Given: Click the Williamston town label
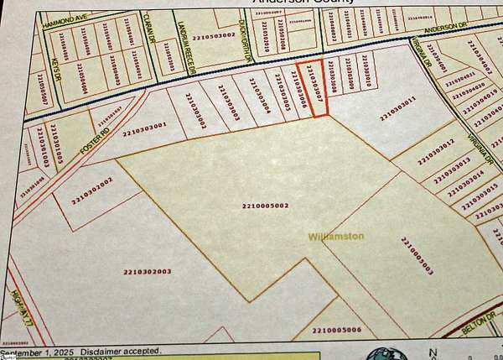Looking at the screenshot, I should point(335,237).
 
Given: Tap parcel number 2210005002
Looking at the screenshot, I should point(265,206).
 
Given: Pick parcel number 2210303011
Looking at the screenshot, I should point(397,108).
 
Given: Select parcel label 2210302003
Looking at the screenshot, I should point(147,271).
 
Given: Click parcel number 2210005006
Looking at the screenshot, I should point(336,331).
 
